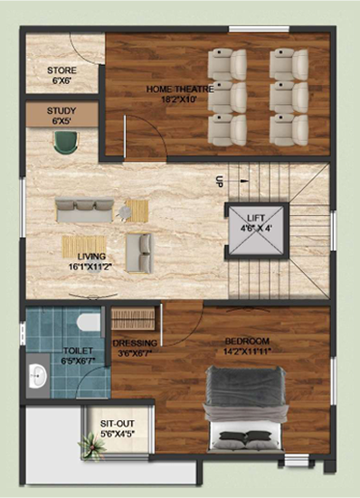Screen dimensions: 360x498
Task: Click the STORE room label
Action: click(x=62, y=70)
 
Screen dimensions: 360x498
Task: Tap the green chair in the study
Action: click(x=66, y=143)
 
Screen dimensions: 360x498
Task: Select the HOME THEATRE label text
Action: click(x=180, y=89)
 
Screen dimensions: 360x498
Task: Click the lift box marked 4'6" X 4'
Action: click(x=257, y=230)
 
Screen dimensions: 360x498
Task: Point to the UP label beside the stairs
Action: click(x=219, y=182)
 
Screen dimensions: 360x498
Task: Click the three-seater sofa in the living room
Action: click(x=84, y=211)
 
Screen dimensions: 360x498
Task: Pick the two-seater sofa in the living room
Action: click(x=139, y=253)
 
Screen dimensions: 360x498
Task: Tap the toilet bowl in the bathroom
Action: click(x=89, y=322)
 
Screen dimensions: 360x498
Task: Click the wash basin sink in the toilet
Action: click(x=38, y=376)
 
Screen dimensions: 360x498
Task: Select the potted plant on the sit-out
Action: click(x=91, y=446)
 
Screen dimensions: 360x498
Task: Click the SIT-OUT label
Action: click(x=118, y=424)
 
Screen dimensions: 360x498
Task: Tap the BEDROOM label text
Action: click(x=247, y=342)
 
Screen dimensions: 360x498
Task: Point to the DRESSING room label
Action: click(x=135, y=343)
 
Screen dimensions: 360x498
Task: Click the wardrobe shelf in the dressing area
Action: click(x=133, y=319)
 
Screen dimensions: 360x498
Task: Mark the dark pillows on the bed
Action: click(x=245, y=437)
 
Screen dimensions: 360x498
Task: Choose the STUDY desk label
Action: click(x=62, y=111)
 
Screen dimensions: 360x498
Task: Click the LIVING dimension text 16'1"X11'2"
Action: click(x=91, y=266)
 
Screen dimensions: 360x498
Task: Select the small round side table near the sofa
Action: click(x=125, y=211)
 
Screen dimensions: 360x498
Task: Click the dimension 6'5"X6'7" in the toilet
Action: click(x=79, y=361)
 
